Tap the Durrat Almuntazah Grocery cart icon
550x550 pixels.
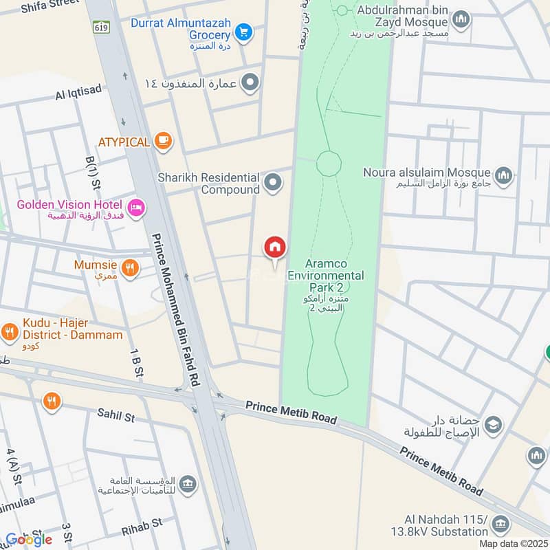(242, 31)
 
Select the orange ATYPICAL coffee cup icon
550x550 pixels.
(163, 142)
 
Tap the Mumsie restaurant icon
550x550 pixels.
(129, 267)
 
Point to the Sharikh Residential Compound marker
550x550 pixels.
(274, 183)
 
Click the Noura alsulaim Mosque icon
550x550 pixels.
(505, 175)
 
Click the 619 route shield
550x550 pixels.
(101, 26)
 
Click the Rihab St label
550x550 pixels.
(141, 527)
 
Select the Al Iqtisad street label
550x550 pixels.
(80, 94)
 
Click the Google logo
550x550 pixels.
(29, 538)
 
